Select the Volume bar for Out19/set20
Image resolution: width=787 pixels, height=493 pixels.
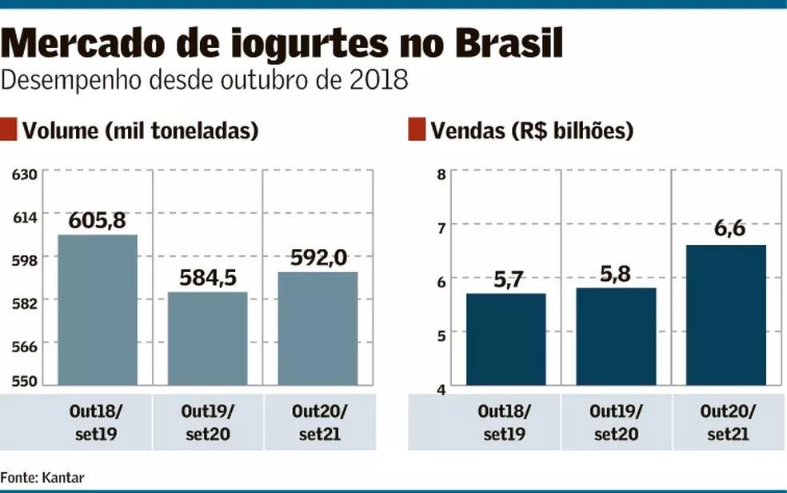207,338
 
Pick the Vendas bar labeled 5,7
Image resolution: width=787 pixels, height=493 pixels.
505,339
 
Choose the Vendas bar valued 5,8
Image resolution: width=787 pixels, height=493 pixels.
616,336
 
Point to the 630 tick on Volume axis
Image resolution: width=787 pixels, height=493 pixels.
25,173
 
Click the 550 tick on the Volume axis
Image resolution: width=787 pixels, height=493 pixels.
25,381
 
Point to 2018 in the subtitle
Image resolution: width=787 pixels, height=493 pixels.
386,81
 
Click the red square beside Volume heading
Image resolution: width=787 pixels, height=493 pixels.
9,130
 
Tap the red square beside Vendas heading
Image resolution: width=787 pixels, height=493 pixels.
416,130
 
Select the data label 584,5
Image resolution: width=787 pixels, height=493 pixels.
207,278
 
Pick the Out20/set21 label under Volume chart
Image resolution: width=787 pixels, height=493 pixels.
318,423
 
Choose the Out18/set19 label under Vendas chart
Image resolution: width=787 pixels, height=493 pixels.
505,423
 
